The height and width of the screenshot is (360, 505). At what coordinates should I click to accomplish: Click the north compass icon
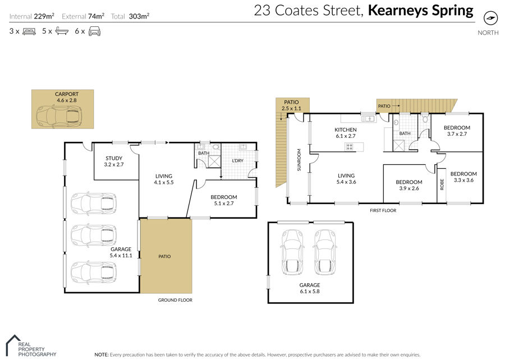click(x=490, y=18)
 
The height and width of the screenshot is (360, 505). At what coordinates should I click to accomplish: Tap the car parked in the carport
click(x=59, y=117)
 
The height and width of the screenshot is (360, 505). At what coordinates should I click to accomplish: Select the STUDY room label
click(x=114, y=158)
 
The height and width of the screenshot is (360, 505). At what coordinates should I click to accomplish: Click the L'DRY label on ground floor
click(x=238, y=160)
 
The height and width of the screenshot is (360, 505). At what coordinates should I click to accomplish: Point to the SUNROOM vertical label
click(x=299, y=160)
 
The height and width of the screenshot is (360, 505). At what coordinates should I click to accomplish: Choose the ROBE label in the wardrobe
click(x=442, y=184)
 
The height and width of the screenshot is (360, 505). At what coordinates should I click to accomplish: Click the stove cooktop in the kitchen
click(x=350, y=147)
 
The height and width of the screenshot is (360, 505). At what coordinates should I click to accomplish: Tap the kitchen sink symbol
click(x=368, y=119)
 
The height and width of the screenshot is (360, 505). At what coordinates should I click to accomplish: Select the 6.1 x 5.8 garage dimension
click(x=310, y=292)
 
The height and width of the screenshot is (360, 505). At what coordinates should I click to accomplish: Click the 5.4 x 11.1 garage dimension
click(x=121, y=256)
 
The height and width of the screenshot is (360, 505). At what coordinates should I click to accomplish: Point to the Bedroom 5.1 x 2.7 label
click(x=224, y=200)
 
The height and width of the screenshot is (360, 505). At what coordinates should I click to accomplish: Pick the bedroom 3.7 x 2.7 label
click(x=457, y=131)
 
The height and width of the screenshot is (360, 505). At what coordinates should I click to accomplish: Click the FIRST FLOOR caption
click(x=383, y=210)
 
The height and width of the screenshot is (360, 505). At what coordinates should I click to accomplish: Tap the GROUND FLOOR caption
click(x=175, y=300)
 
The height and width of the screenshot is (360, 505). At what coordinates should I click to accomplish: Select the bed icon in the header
click(x=29, y=31)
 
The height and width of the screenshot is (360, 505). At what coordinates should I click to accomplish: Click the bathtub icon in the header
click(x=62, y=31)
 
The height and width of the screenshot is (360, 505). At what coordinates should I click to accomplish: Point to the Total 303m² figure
click(x=130, y=16)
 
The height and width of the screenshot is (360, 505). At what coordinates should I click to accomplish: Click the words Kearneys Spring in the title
click(x=421, y=10)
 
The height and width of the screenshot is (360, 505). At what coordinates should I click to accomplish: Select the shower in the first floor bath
click(x=400, y=146)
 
